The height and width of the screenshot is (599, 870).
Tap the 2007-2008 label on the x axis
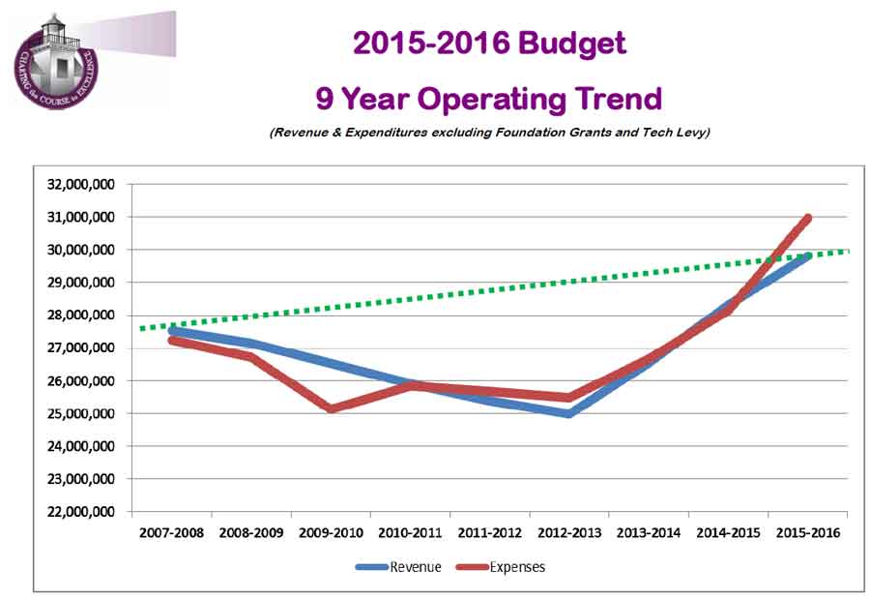(x=171, y=533)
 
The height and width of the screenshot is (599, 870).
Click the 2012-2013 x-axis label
(x=569, y=533)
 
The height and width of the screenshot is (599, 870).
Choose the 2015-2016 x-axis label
(x=808, y=533)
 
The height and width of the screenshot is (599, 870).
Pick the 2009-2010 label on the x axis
(x=331, y=533)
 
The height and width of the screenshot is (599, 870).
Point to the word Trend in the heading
(x=613, y=99)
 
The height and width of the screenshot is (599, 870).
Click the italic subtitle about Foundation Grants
(x=489, y=133)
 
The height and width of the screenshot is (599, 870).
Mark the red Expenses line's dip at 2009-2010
(x=331, y=408)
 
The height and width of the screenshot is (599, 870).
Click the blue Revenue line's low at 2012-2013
(x=569, y=413)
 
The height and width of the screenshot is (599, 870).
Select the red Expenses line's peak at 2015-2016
(x=807, y=218)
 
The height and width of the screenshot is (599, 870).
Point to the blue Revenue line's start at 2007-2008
(x=172, y=330)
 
